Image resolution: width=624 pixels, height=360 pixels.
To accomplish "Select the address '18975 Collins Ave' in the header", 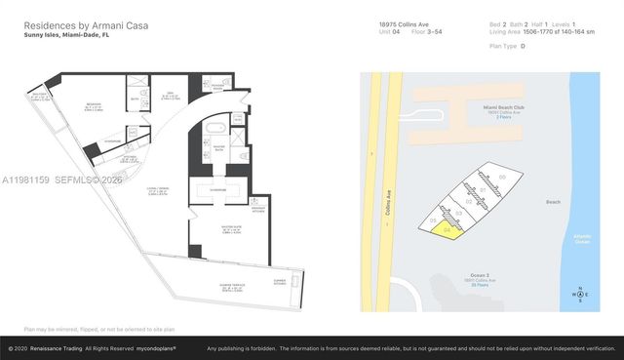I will pyautogui.click(x=403, y=22).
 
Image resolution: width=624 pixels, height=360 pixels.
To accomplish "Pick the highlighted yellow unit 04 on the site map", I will pyautogui.click(x=448, y=230).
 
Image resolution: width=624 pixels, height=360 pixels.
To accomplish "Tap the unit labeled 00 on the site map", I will pyautogui.click(x=503, y=177).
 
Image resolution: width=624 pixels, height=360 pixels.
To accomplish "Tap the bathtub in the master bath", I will pyautogui.click(x=214, y=129).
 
